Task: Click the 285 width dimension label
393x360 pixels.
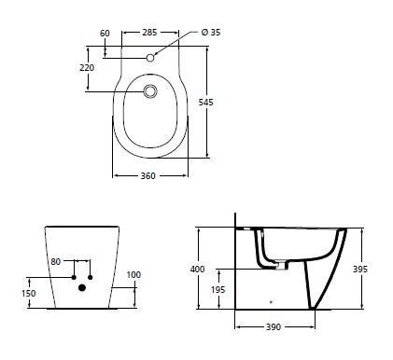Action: [149, 33]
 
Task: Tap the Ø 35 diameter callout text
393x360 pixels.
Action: [211, 33]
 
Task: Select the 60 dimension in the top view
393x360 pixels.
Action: [105, 34]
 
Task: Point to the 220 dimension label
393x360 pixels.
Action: [87, 67]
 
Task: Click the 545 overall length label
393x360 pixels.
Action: [206, 102]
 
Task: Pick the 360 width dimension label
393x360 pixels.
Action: [147, 176]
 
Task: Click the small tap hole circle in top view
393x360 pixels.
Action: [150, 58]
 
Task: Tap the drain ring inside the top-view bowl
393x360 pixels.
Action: [150, 91]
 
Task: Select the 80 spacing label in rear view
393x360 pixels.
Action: [56, 262]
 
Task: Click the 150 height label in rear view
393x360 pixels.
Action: [29, 293]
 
